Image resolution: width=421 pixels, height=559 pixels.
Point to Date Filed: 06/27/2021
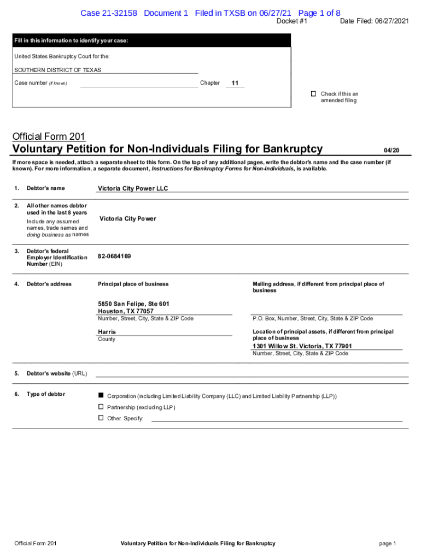(x=374, y=21)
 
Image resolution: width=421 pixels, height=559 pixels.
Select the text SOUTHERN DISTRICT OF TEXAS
(x=57, y=70)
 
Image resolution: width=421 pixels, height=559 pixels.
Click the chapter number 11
(x=235, y=83)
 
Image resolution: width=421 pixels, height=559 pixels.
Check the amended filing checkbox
(x=313, y=94)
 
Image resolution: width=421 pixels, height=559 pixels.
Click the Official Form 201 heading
(x=48, y=136)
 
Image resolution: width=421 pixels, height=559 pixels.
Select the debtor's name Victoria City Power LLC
(x=133, y=188)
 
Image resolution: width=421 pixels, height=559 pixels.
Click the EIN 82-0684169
(x=114, y=256)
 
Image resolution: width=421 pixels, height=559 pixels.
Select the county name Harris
(x=107, y=332)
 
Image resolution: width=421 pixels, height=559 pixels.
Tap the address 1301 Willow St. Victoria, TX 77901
(x=302, y=346)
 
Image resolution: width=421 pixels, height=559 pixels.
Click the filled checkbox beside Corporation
(x=101, y=395)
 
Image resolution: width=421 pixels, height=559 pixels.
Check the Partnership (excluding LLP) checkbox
(x=101, y=407)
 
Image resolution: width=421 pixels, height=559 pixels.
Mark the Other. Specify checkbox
(x=101, y=418)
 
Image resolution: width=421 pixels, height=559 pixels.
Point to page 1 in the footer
(x=387, y=543)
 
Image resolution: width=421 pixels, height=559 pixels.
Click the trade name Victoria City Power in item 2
(x=127, y=219)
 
